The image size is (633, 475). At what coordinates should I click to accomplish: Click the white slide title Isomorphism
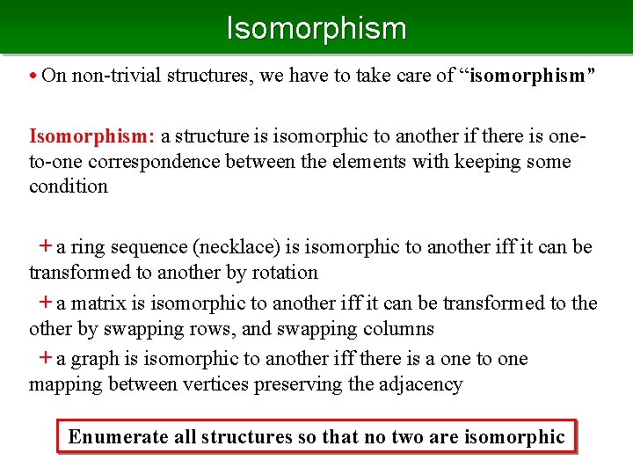click(x=316, y=28)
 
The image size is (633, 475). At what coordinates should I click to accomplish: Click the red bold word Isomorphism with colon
click(x=92, y=136)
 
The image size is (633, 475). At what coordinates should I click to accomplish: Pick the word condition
click(x=69, y=186)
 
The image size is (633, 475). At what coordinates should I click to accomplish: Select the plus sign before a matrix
click(x=45, y=303)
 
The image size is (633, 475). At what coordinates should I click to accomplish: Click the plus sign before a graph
click(x=45, y=358)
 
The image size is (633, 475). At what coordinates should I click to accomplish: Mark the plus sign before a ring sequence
click(x=45, y=247)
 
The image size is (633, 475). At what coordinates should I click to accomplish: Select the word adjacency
click(x=422, y=384)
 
